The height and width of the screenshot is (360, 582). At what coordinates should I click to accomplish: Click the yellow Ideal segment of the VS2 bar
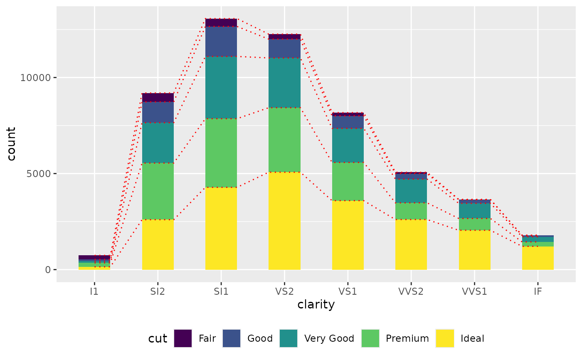(x=284, y=220)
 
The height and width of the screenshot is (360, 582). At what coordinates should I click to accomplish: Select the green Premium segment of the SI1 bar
(x=221, y=153)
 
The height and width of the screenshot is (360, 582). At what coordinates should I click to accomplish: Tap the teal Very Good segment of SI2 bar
(x=158, y=143)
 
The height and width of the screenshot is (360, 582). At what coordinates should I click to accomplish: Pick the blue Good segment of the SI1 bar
(x=221, y=41)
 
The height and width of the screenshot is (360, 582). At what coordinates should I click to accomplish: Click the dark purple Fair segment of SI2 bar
(x=158, y=97)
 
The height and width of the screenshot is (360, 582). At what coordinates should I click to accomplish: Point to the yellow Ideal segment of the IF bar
(x=538, y=258)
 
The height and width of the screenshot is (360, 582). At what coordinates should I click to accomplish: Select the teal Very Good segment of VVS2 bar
(x=411, y=191)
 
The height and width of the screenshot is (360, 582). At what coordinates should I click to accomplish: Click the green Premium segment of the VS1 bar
(x=348, y=181)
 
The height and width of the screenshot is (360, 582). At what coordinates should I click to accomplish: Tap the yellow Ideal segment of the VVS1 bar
(x=474, y=249)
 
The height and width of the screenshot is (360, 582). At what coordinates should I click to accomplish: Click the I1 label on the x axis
(x=94, y=291)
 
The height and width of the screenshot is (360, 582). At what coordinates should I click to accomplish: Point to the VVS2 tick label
(x=411, y=291)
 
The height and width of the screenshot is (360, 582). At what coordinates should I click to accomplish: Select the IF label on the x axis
(x=538, y=291)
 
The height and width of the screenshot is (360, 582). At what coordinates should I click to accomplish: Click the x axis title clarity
(x=316, y=305)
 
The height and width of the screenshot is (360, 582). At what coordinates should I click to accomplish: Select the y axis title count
(x=11, y=144)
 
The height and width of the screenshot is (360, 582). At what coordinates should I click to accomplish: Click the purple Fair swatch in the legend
(x=183, y=338)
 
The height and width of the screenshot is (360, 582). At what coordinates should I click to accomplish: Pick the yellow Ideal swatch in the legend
(x=445, y=338)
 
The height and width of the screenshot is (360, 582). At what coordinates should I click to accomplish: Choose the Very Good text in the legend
(x=329, y=338)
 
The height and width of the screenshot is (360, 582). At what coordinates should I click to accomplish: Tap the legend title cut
(x=158, y=338)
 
